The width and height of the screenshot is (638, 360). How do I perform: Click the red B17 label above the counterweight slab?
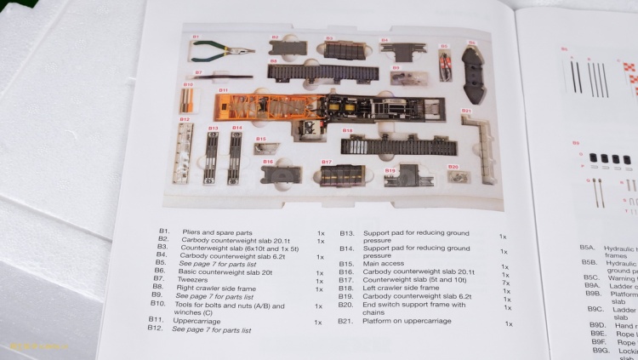point(326,161)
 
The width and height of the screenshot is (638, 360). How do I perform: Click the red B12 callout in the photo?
point(184,119)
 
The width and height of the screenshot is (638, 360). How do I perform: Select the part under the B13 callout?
point(212,157)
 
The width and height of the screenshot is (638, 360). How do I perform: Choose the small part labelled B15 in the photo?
point(263,148)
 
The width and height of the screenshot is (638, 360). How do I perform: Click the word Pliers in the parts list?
point(189,231)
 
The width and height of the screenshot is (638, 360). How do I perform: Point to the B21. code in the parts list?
point(345,322)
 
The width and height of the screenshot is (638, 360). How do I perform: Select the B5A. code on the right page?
point(588,248)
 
